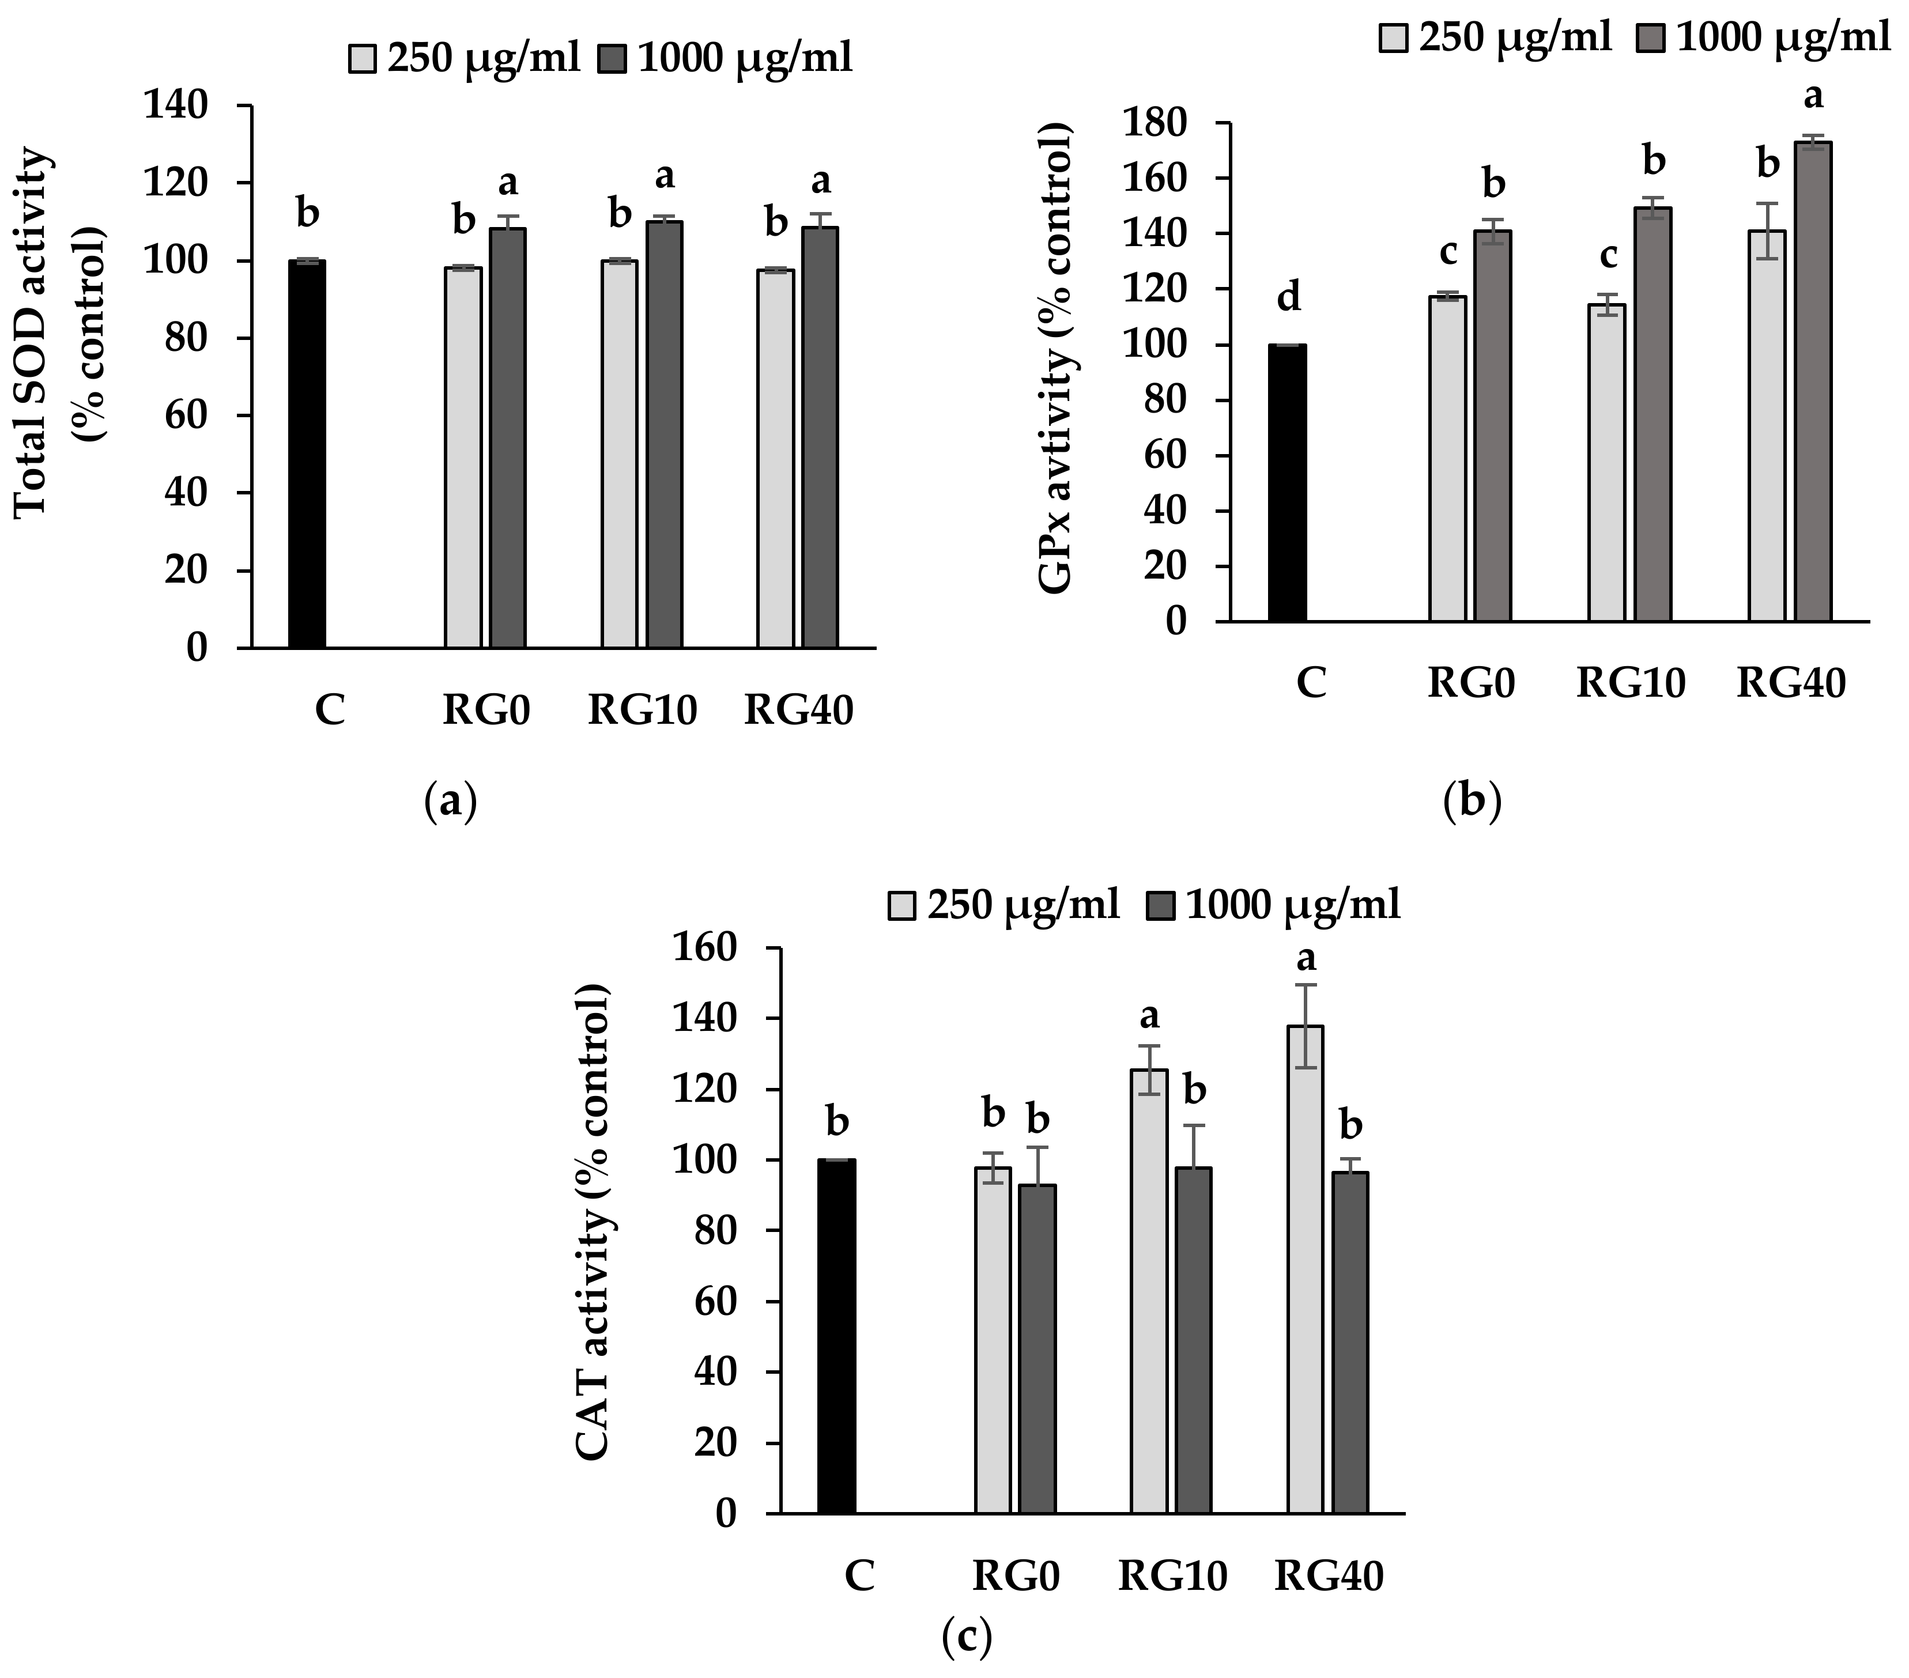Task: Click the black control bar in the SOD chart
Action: (x=306, y=454)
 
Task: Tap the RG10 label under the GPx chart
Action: (x=1631, y=683)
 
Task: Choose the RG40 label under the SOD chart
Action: (x=798, y=712)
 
